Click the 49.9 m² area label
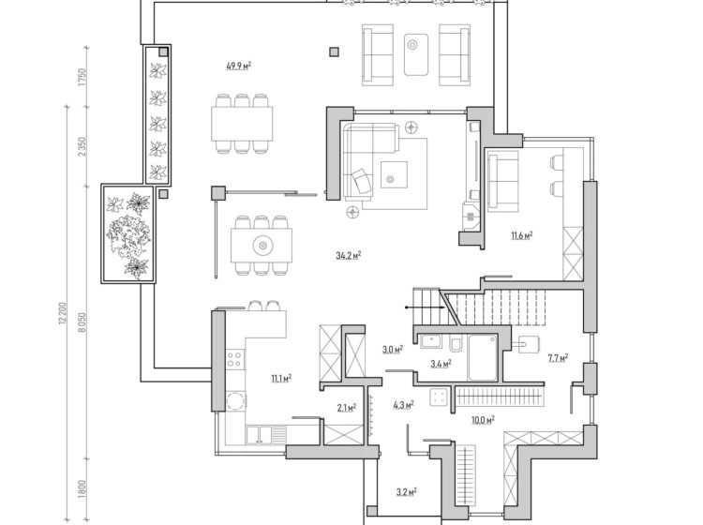pos(238,67)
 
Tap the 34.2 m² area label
pos(349,256)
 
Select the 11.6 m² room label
pos(521,235)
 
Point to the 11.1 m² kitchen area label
pos(281,379)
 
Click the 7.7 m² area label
pos(558,358)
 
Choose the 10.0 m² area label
pos(483,420)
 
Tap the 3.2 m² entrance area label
pos(407,492)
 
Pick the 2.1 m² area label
pos(347,408)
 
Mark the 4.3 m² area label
pos(403,405)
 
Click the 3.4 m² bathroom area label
pos(441,364)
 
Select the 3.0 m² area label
pos(393,350)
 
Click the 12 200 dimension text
pos(62,314)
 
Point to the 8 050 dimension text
pos(82,322)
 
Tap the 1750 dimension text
pos(82,78)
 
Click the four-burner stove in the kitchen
pos(234,359)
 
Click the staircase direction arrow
pos(425,307)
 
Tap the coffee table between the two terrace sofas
pos(416,54)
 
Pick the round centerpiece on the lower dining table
pos(262,246)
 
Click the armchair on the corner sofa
pos(362,180)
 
